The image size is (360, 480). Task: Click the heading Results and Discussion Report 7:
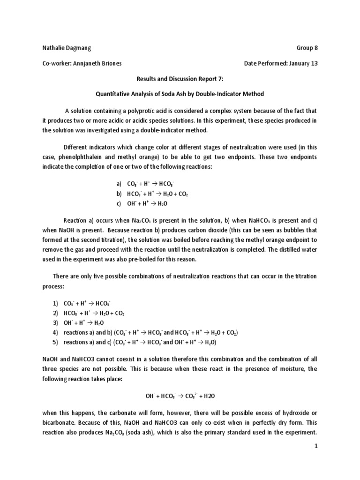coord(180,79)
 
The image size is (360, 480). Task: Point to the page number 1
coord(316,460)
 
